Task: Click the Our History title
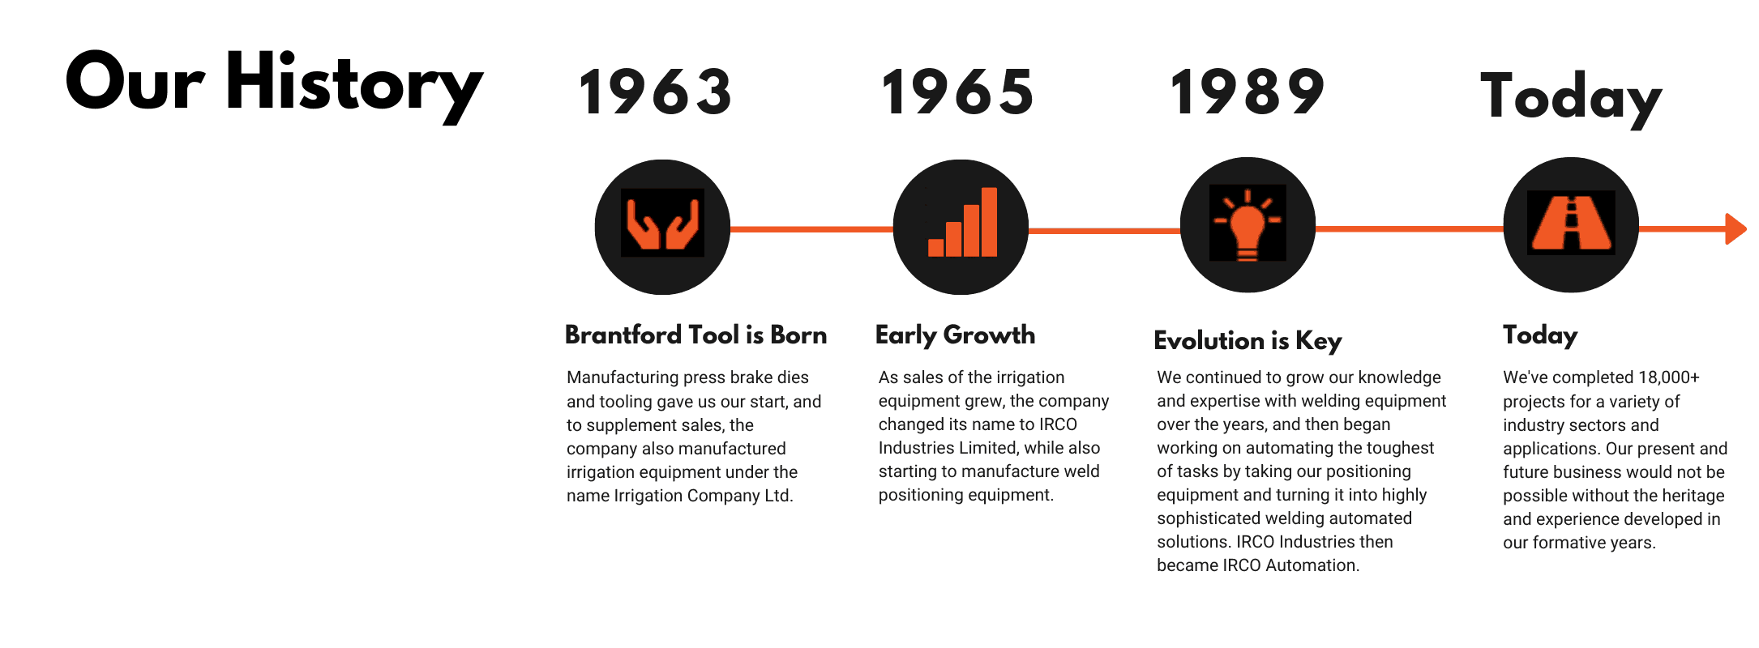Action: (274, 84)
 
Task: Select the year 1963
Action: (656, 92)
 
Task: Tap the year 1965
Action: (957, 92)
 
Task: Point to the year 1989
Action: (1248, 92)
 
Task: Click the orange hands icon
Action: (662, 224)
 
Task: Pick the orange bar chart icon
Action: (963, 222)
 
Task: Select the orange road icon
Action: (1571, 223)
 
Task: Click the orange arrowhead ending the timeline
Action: (1735, 228)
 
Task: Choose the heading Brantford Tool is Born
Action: (695, 335)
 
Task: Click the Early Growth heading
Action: (955, 335)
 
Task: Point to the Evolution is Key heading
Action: (1248, 341)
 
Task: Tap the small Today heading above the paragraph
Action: (1540, 335)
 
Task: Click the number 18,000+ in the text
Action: (1669, 377)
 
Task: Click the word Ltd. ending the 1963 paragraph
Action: (779, 496)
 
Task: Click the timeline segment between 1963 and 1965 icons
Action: (811, 229)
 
